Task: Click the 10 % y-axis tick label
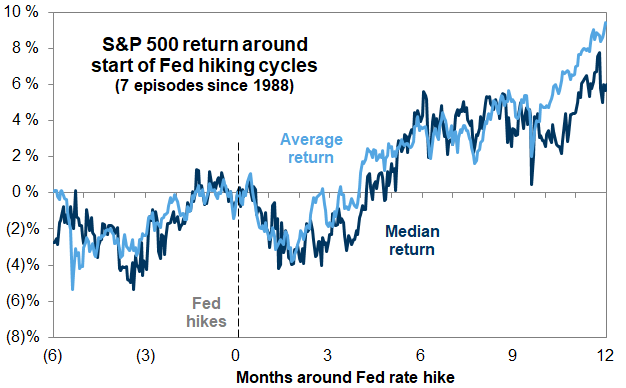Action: pyautogui.click(x=21, y=12)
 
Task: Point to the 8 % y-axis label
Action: pyautogui.click(x=26, y=48)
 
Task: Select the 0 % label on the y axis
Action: pyautogui.click(x=26, y=192)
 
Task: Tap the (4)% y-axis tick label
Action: pyautogui.click(x=23, y=265)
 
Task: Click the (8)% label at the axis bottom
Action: pyautogui.click(x=23, y=337)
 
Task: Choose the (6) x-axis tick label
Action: pyautogui.click(x=53, y=355)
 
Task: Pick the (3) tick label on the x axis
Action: pyautogui.click(x=145, y=355)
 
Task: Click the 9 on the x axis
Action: pyautogui.click(x=513, y=355)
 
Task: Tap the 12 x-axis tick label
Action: pyautogui.click(x=605, y=355)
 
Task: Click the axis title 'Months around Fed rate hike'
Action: pyautogui.click(x=345, y=377)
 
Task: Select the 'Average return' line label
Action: pyautogui.click(x=311, y=148)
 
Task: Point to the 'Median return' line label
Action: pyautogui.click(x=412, y=240)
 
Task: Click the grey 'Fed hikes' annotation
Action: pyautogui.click(x=206, y=313)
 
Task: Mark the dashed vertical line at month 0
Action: pyautogui.click(x=238, y=240)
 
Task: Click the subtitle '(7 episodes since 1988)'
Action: pyautogui.click(x=204, y=86)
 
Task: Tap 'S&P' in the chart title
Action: pyautogui.click(x=121, y=44)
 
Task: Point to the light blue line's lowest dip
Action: pyautogui.click(x=72, y=289)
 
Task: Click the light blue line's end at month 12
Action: pyautogui.click(x=606, y=22)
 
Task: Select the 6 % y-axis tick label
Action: pyautogui.click(x=26, y=84)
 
